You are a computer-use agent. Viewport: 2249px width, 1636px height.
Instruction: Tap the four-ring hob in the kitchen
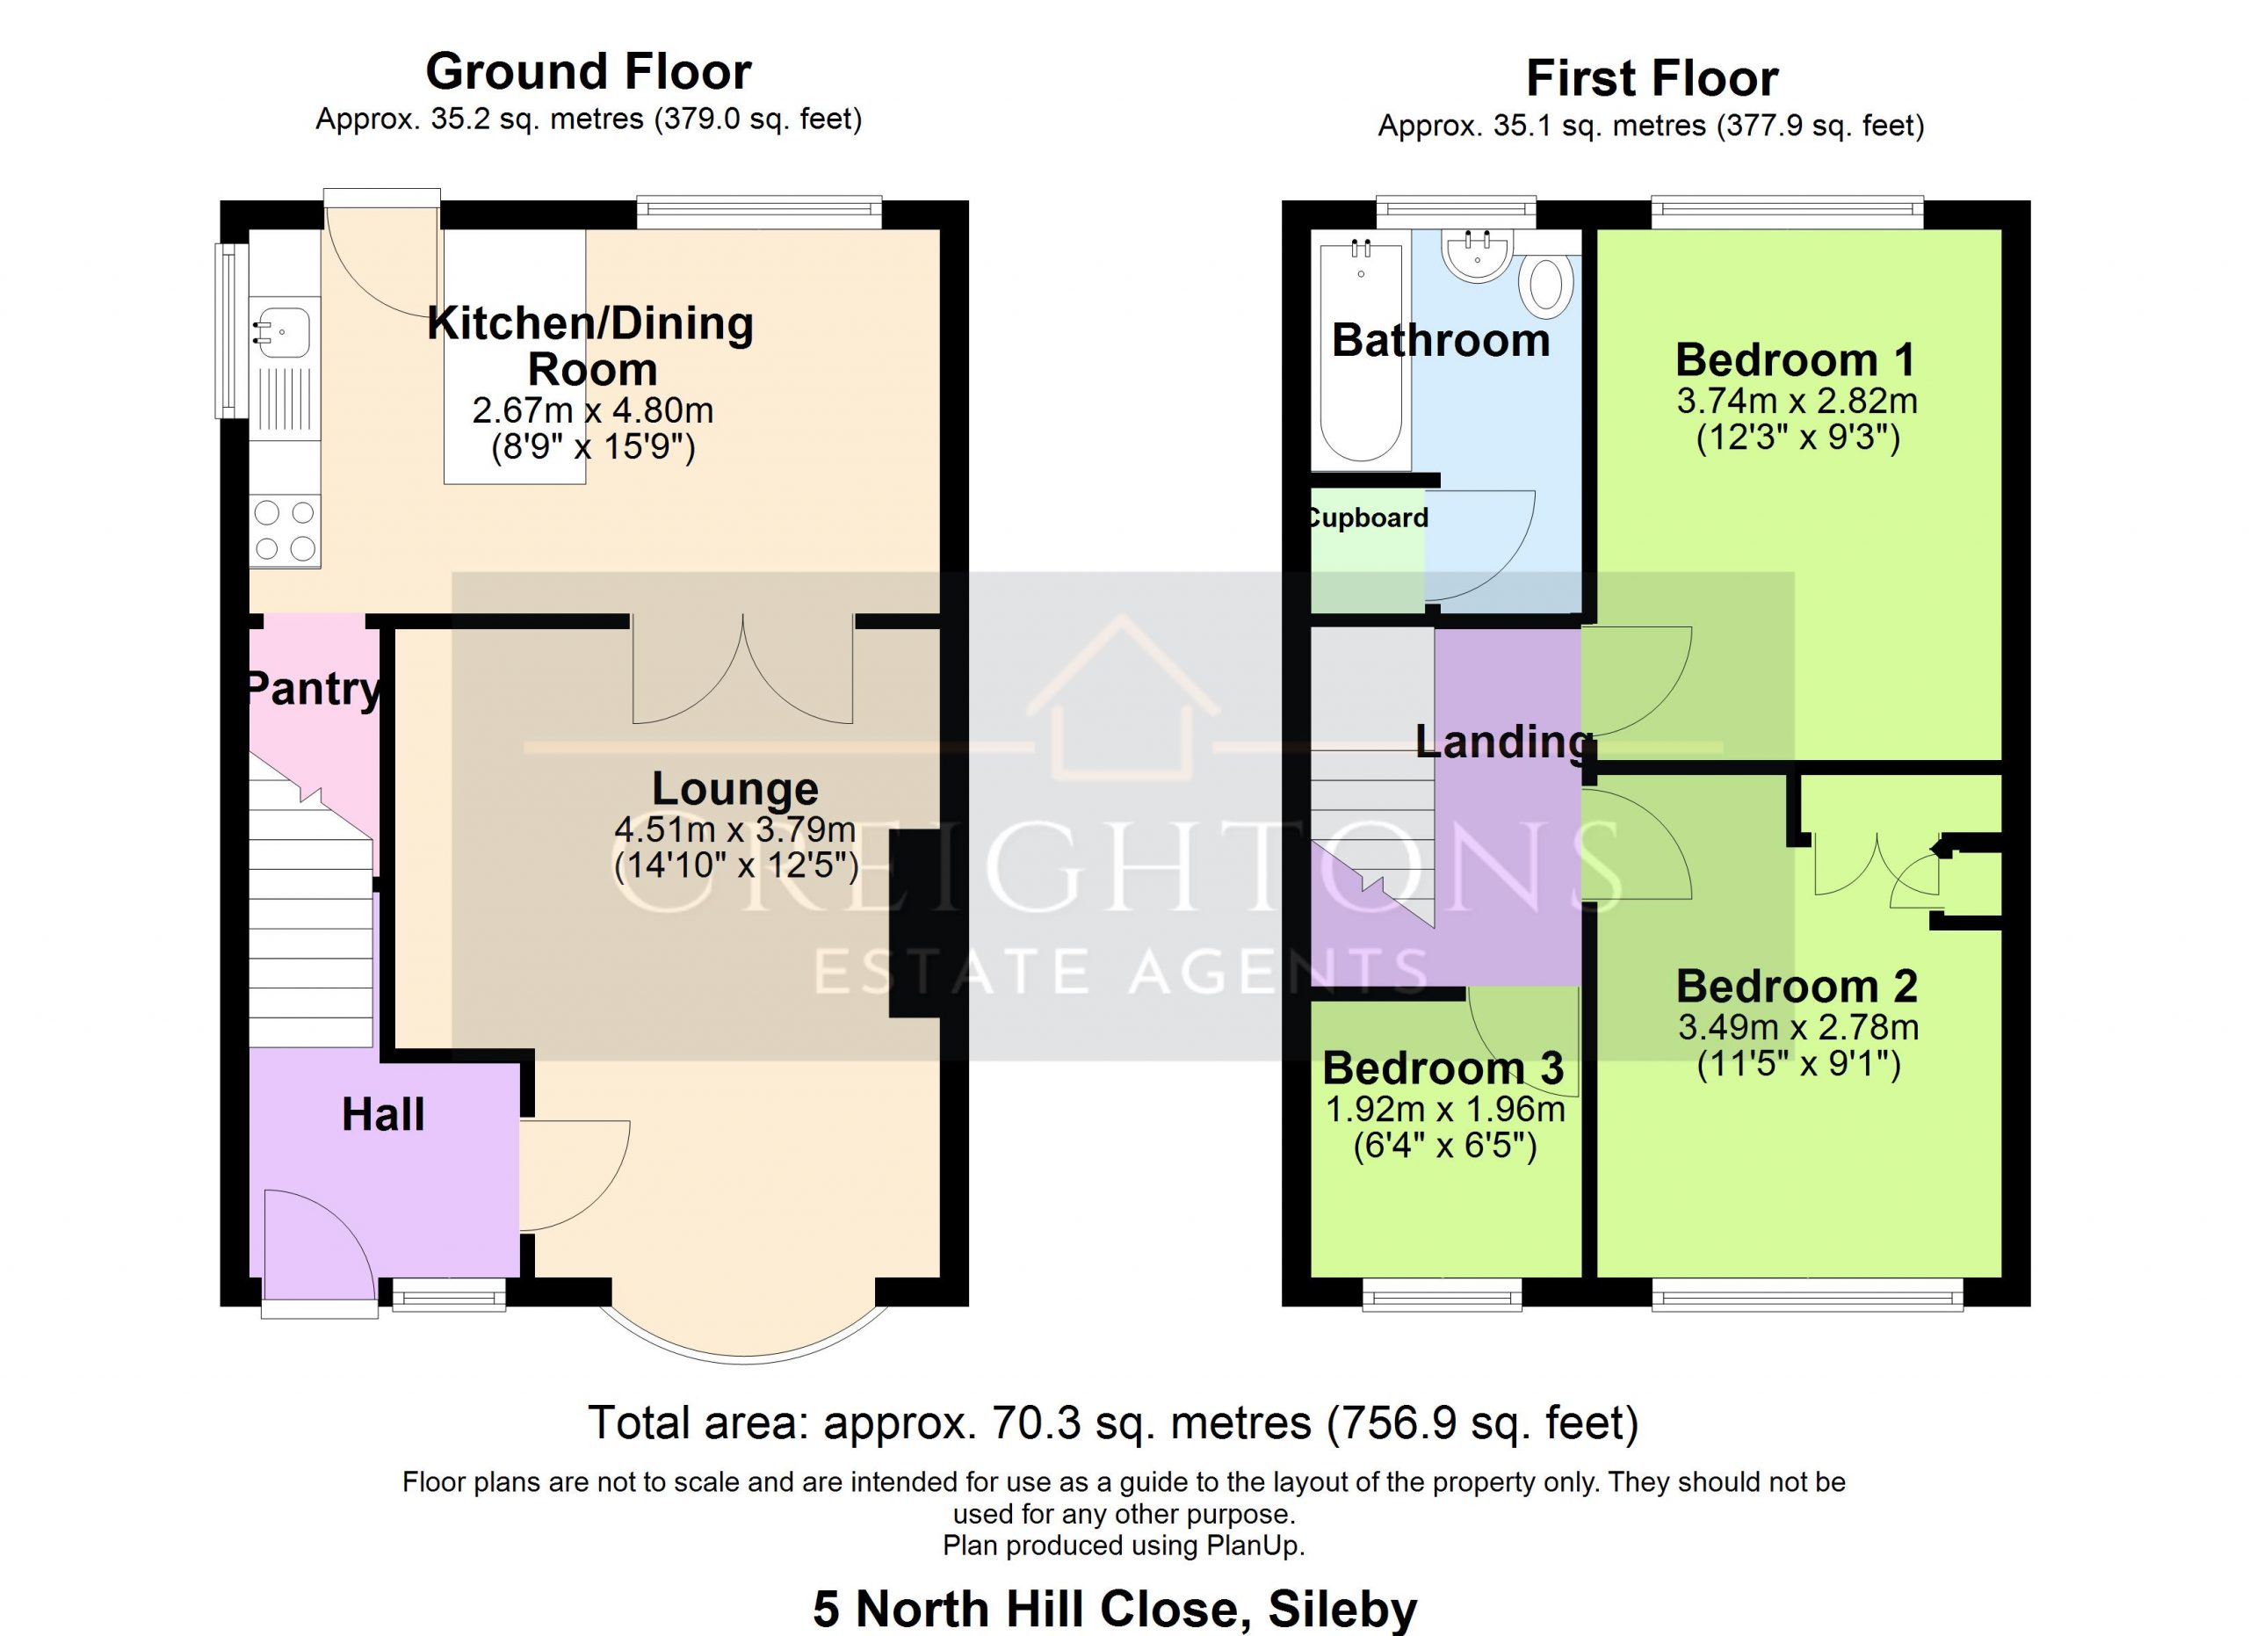(x=285, y=531)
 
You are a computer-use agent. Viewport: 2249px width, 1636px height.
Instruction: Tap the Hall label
(x=383, y=1114)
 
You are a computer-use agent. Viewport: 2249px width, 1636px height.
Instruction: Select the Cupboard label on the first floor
(x=1369, y=518)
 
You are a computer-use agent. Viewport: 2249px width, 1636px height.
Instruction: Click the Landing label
(x=1503, y=742)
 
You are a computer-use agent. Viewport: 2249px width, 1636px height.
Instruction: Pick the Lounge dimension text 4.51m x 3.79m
(x=734, y=828)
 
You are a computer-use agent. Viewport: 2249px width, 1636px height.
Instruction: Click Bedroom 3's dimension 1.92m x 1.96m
(x=1445, y=1109)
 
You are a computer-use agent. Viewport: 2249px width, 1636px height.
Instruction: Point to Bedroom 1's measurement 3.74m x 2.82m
(x=1797, y=401)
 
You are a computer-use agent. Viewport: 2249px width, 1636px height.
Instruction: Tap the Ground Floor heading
(x=589, y=71)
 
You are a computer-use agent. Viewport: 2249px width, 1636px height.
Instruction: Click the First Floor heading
(x=1652, y=78)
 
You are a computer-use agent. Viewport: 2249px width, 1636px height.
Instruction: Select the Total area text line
(x=1114, y=1422)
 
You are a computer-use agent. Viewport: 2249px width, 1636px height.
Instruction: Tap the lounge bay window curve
(x=744, y=1358)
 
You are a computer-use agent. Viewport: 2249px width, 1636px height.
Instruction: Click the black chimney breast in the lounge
(x=915, y=922)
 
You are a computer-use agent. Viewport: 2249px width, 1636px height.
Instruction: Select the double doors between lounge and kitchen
(x=742, y=670)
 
